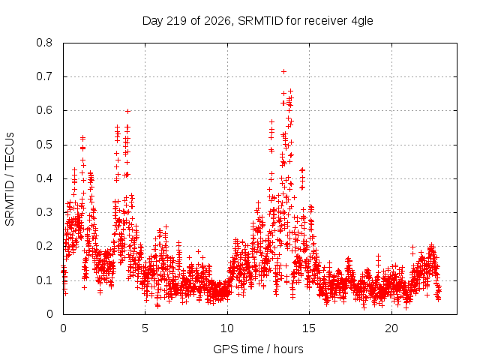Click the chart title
[x=258, y=21]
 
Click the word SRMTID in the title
[x=260, y=21]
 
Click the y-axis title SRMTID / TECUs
[x=10, y=179]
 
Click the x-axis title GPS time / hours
[x=258, y=349]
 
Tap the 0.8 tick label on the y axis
[x=44, y=43]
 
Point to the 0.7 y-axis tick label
[x=44, y=76]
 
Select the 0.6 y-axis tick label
[x=44, y=110]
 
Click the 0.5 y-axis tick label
[x=44, y=145]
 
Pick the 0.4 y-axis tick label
[x=44, y=178]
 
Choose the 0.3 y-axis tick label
[x=44, y=212]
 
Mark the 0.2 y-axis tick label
[x=44, y=246]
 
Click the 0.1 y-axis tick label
[x=44, y=280]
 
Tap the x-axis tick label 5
[x=145, y=328]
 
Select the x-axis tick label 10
[x=226, y=328]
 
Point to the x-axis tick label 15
[x=309, y=328]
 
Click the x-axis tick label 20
[x=391, y=328]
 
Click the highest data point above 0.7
[x=283, y=72]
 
